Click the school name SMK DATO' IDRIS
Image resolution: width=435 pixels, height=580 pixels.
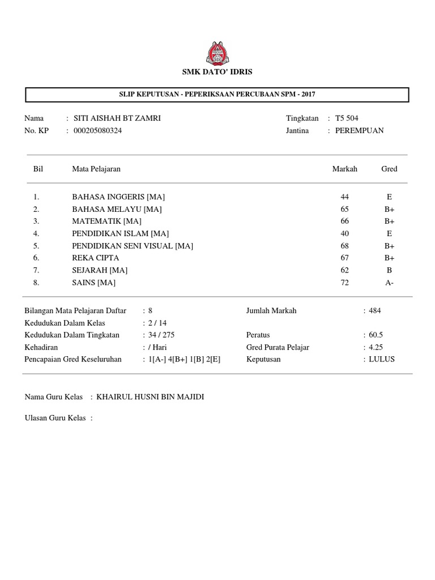pyautogui.click(x=217, y=72)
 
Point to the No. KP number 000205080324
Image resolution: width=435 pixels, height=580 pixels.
pyautogui.click(x=98, y=130)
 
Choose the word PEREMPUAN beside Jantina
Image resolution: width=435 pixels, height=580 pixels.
pyautogui.click(x=359, y=130)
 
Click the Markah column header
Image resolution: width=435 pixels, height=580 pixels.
pyautogui.click(x=344, y=169)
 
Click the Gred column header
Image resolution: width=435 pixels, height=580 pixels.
pyautogui.click(x=389, y=169)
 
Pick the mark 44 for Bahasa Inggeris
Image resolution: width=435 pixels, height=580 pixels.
pyautogui.click(x=344, y=197)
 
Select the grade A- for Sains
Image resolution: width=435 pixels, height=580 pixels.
pyautogui.click(x=389, y=283)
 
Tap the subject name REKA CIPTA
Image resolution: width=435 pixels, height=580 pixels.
pyautogui.click(x=95, y=258)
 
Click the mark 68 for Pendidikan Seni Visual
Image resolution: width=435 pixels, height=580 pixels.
pyautogui.click(x=344, y=246)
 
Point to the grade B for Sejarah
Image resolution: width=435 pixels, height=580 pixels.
pyautogui.click(x=389, y=270)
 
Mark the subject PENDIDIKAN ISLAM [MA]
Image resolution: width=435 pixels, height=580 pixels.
pyautogui.click(x=120, y=233)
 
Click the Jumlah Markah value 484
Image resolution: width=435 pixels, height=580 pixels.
pyautogui.click(x=375, y=310)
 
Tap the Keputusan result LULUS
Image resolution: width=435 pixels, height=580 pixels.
pyautogui.click(x=381, y=359)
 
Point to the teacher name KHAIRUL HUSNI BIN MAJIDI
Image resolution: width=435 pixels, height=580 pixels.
pyautogui.click(x=150, y=397)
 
